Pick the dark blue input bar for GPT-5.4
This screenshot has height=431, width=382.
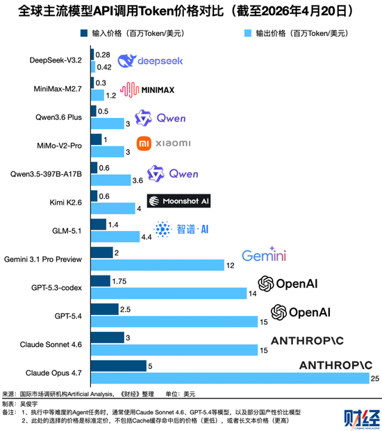click(104, 308)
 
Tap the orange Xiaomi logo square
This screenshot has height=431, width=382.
click(143, 144)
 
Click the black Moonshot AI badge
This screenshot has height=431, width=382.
click(178, 201)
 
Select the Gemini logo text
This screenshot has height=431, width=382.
click(264, 256)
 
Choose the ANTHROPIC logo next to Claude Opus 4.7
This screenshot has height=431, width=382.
click(335, 364)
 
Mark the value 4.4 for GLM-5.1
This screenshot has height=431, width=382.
click(146, 237)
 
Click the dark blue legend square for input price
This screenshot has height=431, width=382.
click(84, 32)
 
